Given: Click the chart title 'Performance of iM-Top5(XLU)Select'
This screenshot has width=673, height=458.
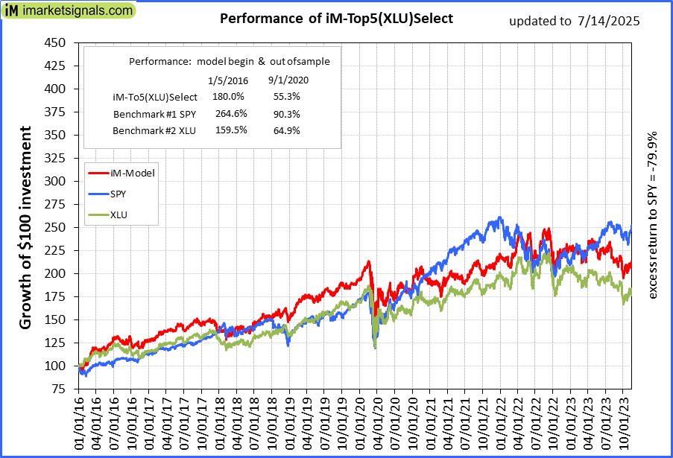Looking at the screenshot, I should pos(336,19).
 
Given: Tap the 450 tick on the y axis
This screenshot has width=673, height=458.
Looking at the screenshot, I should pos(55,42).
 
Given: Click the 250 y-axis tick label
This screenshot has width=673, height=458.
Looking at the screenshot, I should pos(55,227).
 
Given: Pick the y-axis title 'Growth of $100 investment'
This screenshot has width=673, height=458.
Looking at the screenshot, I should pos(25,227).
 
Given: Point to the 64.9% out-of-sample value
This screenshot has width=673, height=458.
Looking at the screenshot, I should pos(287,130).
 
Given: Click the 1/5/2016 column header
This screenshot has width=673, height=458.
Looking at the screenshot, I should pos(227,79).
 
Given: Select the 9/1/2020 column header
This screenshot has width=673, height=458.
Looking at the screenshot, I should pos(287,79).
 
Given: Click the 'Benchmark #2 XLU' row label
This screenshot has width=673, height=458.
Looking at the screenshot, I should pos(154,130).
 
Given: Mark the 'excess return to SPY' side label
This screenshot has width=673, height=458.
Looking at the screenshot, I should pos(653,216).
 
